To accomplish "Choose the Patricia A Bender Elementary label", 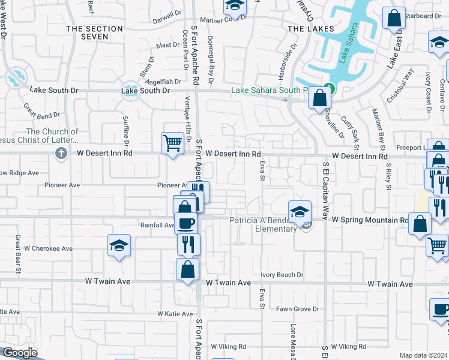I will (x=259, y=224).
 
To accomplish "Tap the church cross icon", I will (x=60, y=154).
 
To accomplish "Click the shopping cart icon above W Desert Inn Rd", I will (x=172, y=143).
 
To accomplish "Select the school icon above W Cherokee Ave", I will (x=119, y=245).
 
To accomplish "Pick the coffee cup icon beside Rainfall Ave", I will (x=185, y=223).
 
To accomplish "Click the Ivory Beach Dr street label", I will (x=282, y=275).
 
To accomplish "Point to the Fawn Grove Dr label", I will (x=297, y=309).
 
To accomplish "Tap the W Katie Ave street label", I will (x=175, y=314).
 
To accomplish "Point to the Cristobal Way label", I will (x=400, y=86).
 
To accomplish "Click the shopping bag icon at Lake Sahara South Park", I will (x=319, y=97).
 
